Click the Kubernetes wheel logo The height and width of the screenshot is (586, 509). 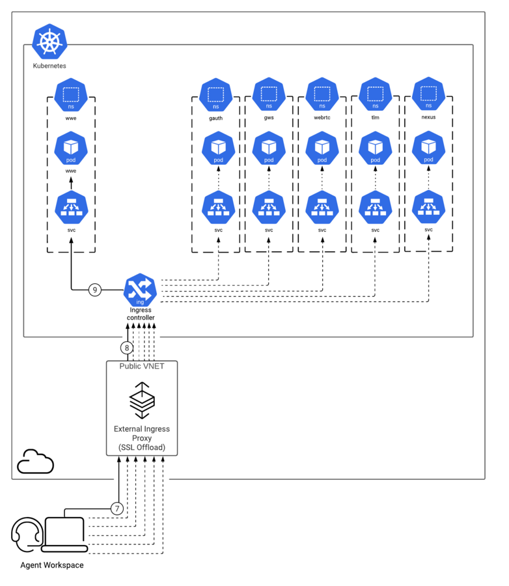(x=49, y=42)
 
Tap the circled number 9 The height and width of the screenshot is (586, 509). (x=95, y=290)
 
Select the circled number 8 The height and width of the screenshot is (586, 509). (x=127, y=348)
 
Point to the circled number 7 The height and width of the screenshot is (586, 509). (x=117, y=509)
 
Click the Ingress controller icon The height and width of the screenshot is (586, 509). (x=140, y=290)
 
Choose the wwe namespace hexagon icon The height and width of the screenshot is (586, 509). (x=71, y=95)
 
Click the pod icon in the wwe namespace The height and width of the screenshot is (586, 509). (x=71, y=148)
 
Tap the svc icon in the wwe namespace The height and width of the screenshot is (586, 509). (x=72, y=208)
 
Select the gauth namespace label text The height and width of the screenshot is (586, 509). (x=215, y=118)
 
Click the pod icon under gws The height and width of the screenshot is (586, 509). (x=269, y=148)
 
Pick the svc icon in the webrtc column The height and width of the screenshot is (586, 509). (x=322, y=208)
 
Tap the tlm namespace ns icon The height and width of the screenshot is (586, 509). (x=375, y=94)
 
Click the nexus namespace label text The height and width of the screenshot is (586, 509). (x=429, y=117)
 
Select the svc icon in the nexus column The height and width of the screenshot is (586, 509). (x=429, y=207)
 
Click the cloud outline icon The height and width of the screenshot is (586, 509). (x=36, y=462)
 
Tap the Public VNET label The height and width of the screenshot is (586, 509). (x=142, y=366)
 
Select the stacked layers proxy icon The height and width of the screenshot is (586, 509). (x=142, y=400)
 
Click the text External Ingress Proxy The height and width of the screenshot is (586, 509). (x=142, y=434)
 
